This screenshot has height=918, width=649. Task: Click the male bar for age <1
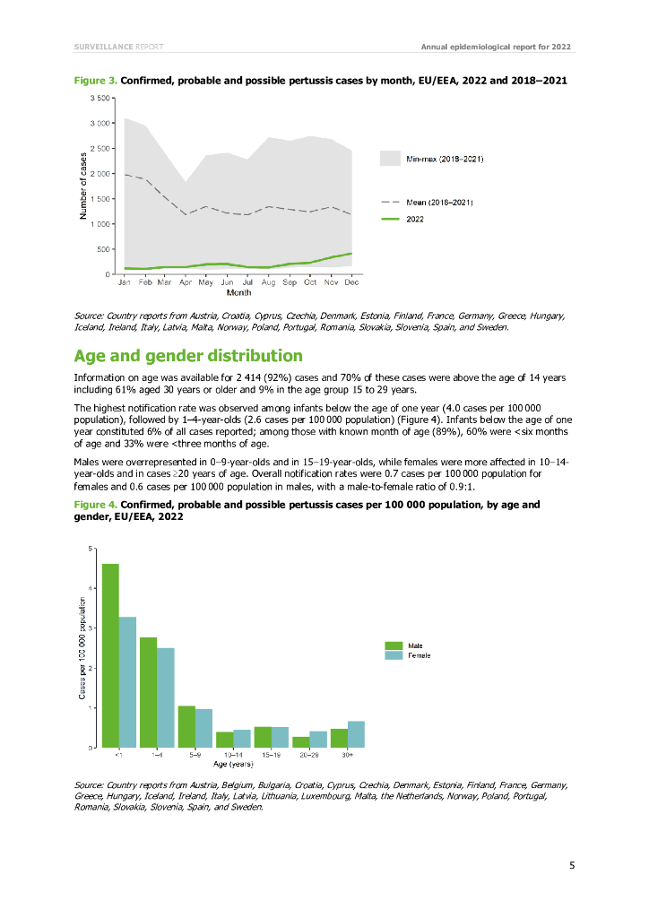tap(110, 655)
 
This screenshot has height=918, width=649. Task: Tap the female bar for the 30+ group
tap(356, 733)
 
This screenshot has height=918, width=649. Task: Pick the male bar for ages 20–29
tap(300, 741)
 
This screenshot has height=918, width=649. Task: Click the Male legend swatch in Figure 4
tap(393, 645)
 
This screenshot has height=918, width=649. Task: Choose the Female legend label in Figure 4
tap(420, 655)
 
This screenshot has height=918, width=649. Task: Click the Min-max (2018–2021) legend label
tap(446, 159)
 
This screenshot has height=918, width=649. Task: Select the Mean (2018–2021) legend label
tap(446, 203)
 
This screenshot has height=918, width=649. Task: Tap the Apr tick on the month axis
tap(186, 282)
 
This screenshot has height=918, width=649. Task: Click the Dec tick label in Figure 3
tap(351, 282)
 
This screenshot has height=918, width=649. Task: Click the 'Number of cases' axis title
tap(83, 185)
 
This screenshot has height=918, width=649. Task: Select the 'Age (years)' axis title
tap(232, 765)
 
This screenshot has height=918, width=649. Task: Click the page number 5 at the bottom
tap(572, 865)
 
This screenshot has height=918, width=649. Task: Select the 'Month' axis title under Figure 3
tap(238, 292)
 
